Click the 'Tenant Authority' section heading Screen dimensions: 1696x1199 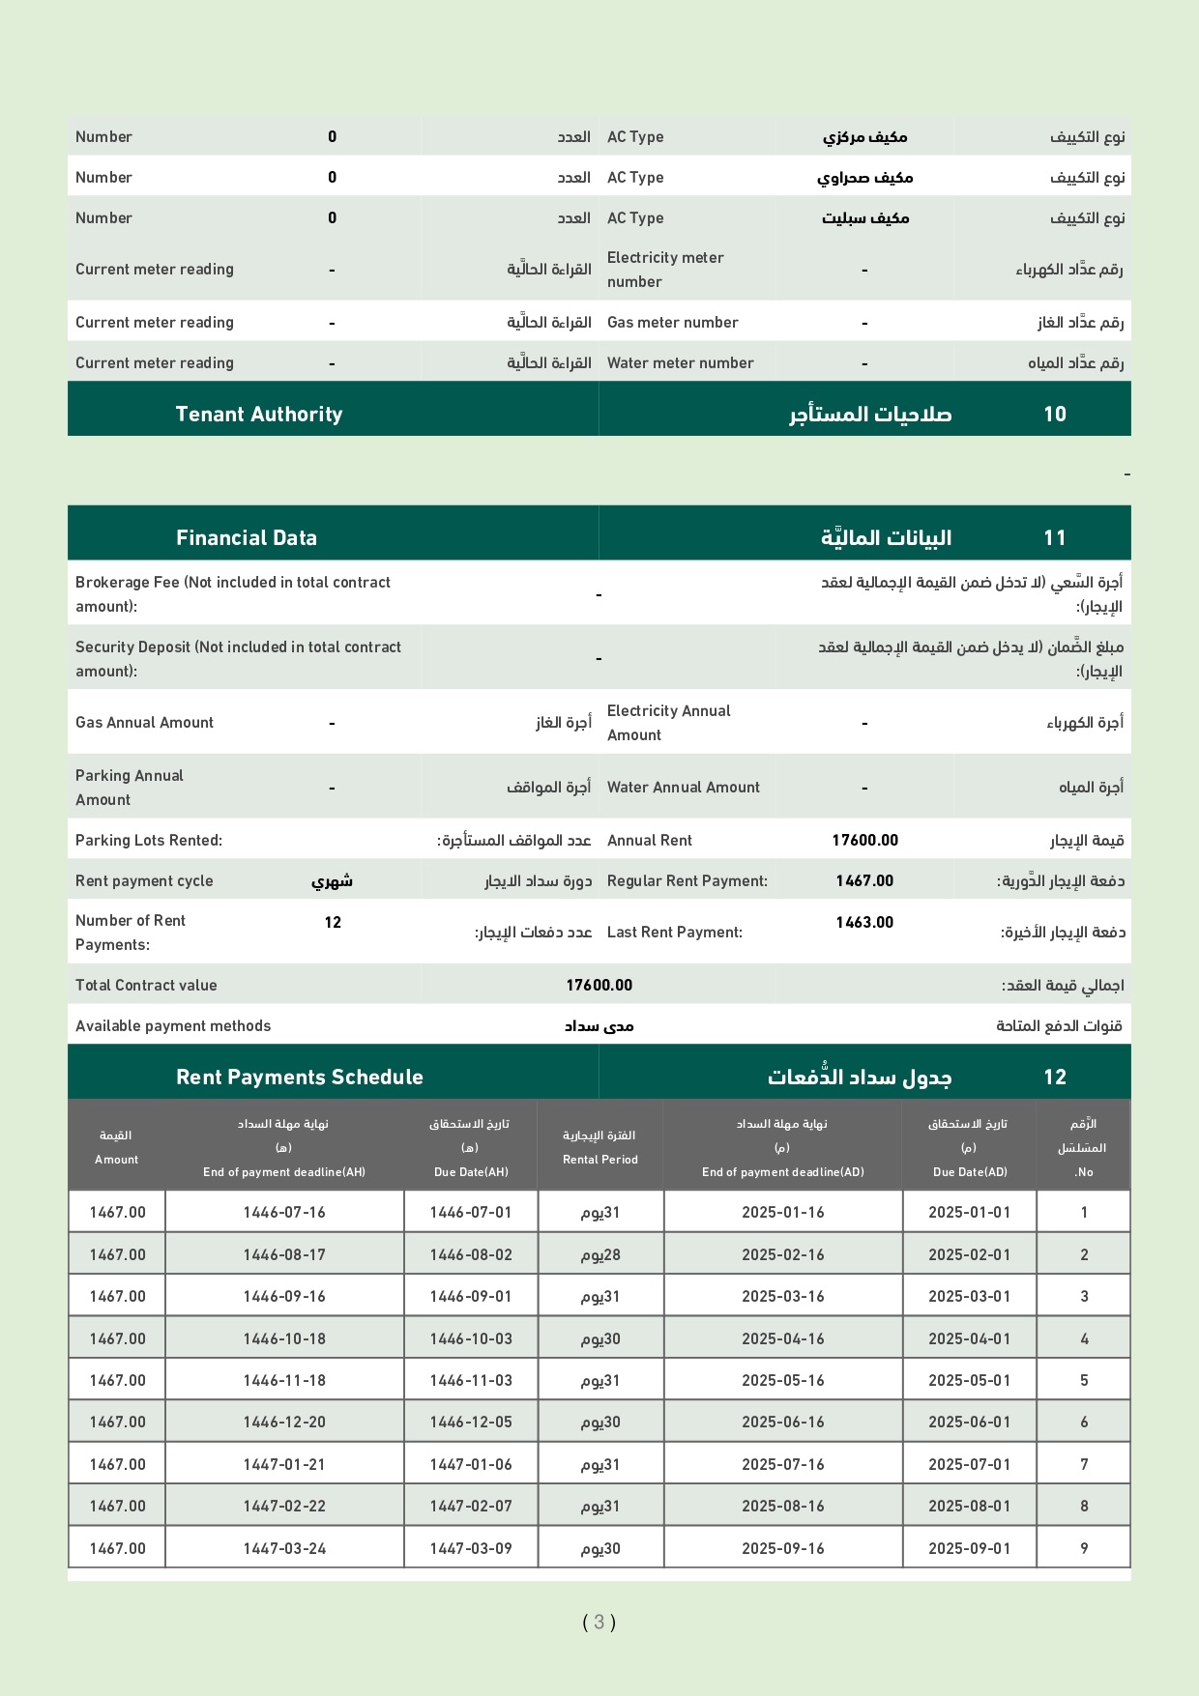[x=259, y=415]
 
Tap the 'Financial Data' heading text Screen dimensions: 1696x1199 [x=247, y=538]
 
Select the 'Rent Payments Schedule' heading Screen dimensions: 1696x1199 [x=300, y=1078]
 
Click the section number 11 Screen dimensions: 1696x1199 [x=1055, y=538]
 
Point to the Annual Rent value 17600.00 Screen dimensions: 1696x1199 [x=864, y=841]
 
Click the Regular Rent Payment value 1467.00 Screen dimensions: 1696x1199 [x=864, y=881]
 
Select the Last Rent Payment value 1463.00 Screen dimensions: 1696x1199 [x=864, y=923]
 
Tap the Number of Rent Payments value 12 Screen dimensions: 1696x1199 [x=333, y=923]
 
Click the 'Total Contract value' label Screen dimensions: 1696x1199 [x=146, y=986]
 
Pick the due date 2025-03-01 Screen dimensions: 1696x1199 [x=969, y=1297]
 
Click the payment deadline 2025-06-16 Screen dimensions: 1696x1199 [x=783, y=1423]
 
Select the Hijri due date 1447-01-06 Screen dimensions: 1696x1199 [x=471, y=1465]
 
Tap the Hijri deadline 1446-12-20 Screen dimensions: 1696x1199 [x=284, y=1423]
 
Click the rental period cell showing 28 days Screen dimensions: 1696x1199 [x=600, y=1255]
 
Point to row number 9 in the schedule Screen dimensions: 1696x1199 [x=1084, y=1549]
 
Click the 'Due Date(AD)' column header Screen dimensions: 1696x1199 [x=970, y=1172]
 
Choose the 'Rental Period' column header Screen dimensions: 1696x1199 [x=600, y=1160]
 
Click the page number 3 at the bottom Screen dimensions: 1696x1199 [x=599, y=1623]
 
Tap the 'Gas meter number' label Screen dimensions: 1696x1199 [x=673, y=323]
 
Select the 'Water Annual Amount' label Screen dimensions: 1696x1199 [x=684, y=788]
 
